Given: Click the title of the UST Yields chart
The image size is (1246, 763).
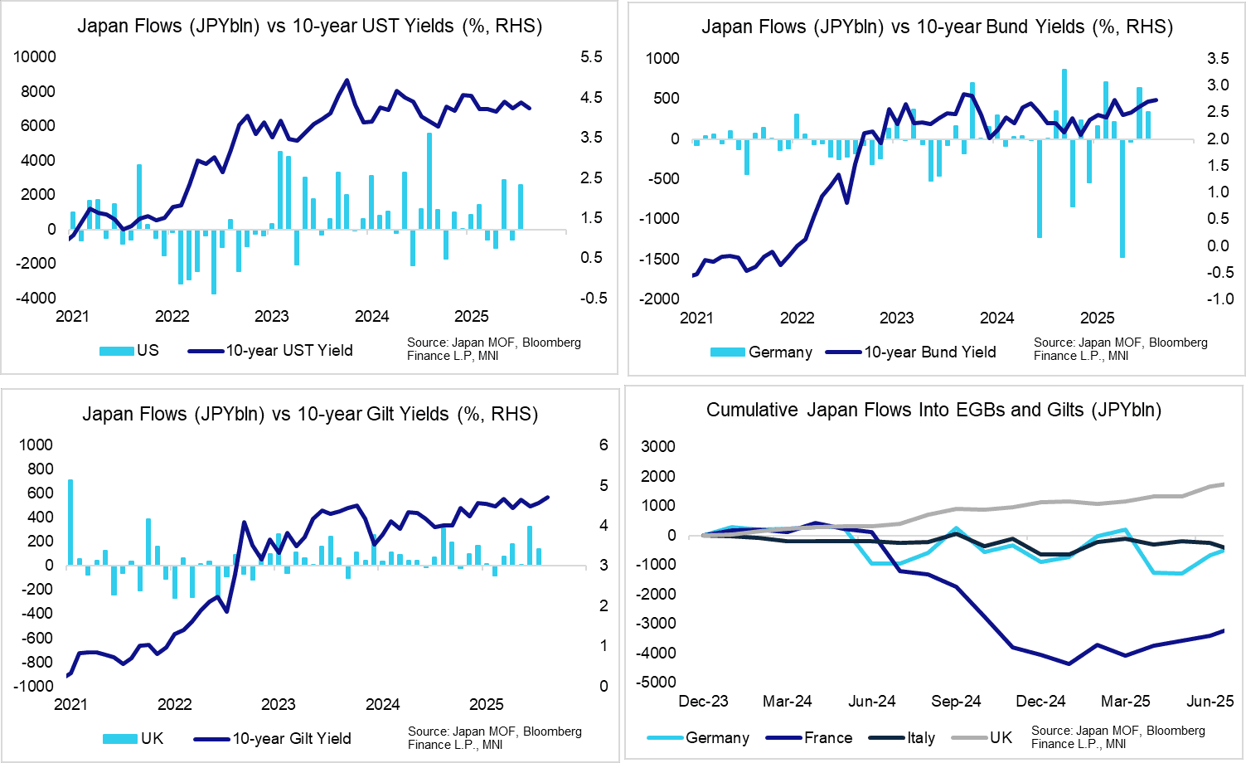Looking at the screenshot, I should coord(309,26).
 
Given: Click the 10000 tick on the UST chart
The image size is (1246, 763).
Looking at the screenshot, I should coord(36,56).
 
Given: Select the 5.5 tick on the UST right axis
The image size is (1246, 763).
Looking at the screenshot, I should coord(591,56).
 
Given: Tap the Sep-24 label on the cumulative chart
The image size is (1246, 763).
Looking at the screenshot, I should coord(956,702).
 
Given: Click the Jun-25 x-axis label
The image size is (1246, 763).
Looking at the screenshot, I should coord(1210,702).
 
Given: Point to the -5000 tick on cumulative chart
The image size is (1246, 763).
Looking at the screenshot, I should coord(657,683).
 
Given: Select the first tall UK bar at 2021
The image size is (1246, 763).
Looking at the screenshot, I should coord(70,522).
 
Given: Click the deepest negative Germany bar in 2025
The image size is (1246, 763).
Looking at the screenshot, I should coord(1122,198).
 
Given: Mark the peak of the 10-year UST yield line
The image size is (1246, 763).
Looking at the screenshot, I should coord(347,80).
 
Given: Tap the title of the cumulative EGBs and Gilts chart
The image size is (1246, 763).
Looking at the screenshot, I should coord(933,410).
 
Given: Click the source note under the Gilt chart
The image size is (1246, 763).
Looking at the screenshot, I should coord(494,737).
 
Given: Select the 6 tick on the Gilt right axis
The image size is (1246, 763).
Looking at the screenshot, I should coord(604,445).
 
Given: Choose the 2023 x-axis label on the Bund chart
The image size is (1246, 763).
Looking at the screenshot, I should coord(896,318).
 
